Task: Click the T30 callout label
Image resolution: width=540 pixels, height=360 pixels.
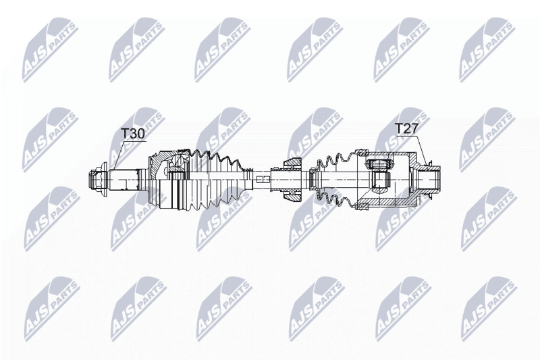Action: click(133, 134)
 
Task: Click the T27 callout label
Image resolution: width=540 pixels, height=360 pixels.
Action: click(406, 129)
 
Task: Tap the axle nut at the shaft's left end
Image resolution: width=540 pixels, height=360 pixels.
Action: click(98, 180)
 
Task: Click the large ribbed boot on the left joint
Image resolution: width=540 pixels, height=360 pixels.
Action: click(214, 180)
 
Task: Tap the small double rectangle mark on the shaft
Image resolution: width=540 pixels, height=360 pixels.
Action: click(263, 179)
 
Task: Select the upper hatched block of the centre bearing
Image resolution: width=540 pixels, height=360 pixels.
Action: click(292, 163)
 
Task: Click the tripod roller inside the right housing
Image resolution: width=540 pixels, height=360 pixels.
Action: click(379, 175)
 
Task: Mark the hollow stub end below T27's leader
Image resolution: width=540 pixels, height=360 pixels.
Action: click(429, 179)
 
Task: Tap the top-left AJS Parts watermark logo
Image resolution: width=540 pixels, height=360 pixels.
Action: click(50, 50)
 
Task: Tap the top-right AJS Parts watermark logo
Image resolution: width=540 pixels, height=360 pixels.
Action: click(487, 50)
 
